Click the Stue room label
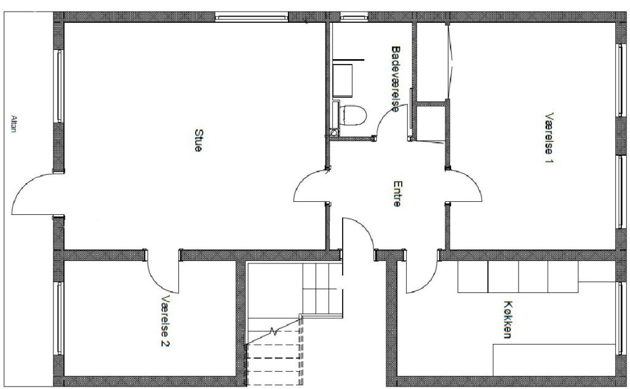[198, 140]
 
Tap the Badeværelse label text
[396, 79]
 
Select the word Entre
[397, 194]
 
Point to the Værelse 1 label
[549, 138]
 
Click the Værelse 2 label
[165, 321]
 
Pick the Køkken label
[508, 319]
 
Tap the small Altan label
[14, 124]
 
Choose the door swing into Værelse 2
[154, 281]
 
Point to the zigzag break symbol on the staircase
[274, 332]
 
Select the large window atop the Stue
[252, 17]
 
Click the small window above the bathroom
[354, 17]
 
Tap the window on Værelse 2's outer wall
[58, 318]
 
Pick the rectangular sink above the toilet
[343, 81]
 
